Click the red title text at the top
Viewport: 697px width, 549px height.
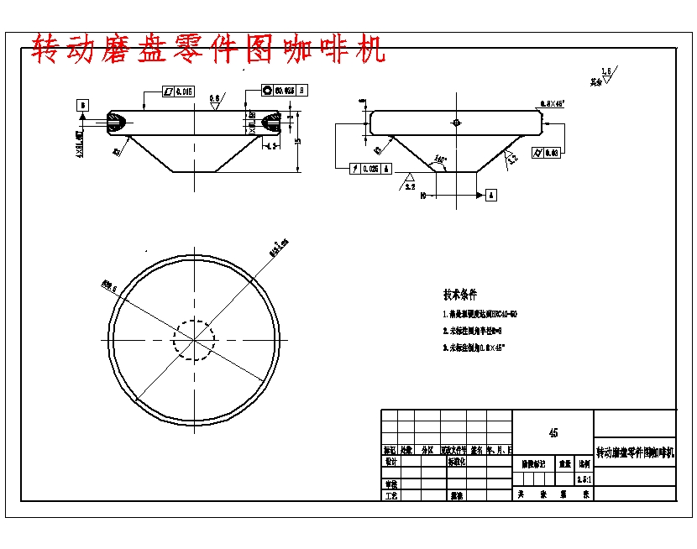point(208,50)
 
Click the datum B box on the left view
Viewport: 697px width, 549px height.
point(83,105)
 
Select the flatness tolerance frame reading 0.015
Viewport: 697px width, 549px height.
point(178,91)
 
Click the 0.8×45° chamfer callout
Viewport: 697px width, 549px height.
point(552,103)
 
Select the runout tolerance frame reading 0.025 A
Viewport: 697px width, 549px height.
point(370,168)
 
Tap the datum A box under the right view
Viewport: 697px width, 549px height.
point(490,195)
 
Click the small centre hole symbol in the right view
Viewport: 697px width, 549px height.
point(455,122)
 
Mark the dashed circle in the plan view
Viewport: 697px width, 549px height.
point(194,339)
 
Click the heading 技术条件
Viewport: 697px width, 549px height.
point(459,294)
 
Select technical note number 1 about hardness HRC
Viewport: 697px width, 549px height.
point(479,314)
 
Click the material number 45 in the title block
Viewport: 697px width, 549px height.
point(553,433)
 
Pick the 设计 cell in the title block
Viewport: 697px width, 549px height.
point(390,462)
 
